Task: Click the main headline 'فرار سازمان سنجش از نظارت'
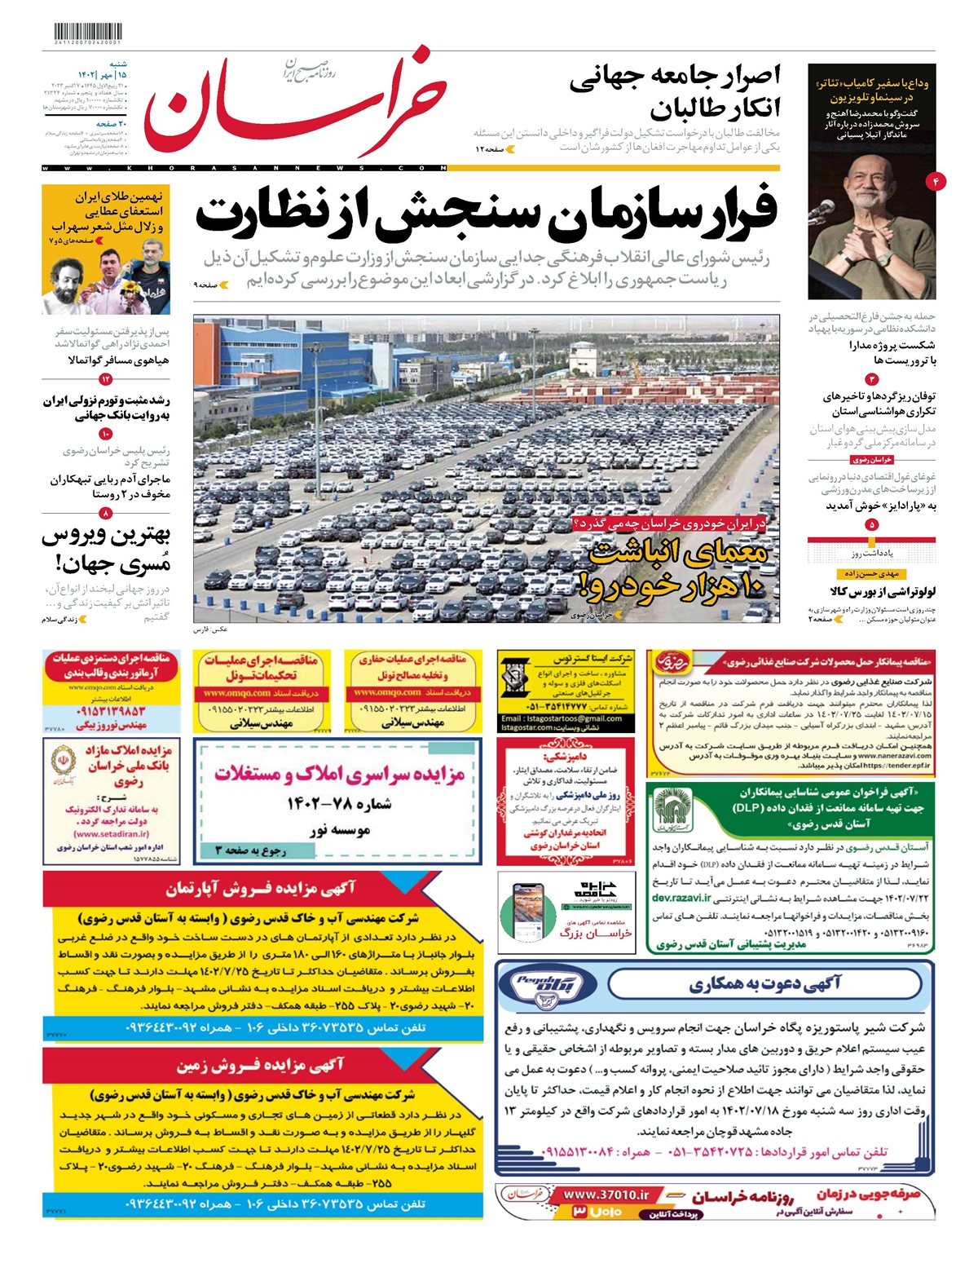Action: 487,214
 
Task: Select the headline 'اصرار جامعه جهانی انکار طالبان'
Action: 674,91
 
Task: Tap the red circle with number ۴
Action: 936,181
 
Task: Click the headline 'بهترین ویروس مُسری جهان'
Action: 106,549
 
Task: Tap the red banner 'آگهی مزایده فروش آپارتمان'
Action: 261,889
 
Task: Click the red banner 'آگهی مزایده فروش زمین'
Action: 261,1065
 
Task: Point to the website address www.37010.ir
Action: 606,1195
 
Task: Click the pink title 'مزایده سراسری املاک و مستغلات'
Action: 339,773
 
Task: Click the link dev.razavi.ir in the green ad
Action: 681,898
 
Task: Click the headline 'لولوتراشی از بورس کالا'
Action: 883,591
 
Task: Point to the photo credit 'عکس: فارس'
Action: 210,630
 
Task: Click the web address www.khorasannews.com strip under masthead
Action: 244,168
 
